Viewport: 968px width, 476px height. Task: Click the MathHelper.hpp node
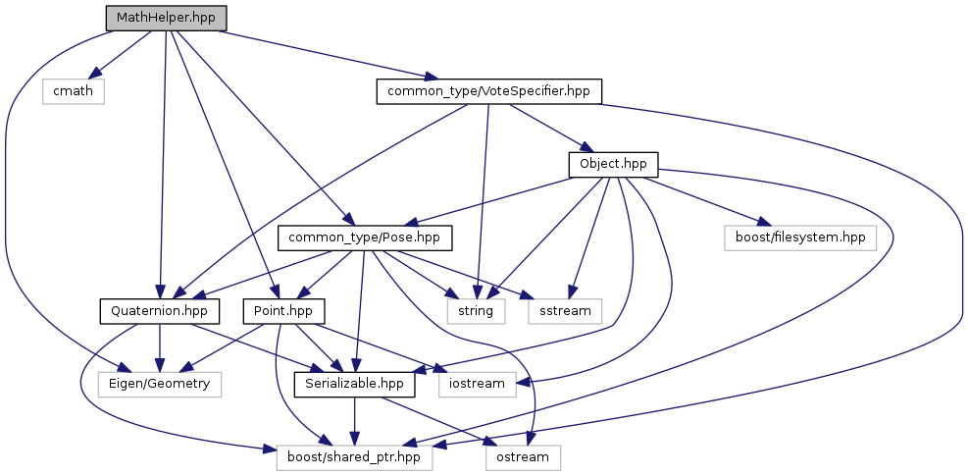tap(166, 18)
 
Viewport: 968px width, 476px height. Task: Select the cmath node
tap(74, 91)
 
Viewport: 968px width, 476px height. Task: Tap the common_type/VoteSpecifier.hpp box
tap(488, 91)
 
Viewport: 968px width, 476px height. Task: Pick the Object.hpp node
tap(612, 164)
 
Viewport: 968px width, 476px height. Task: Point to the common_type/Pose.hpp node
tap(365, 238)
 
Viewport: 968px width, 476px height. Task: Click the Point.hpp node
tap(278, 311)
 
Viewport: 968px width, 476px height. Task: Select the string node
tap(476, 311)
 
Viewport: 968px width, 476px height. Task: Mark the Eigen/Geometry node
tap(161, 384)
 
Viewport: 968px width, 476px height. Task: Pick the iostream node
tap(483, 384)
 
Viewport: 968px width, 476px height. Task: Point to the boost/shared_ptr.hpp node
tap(353, 456)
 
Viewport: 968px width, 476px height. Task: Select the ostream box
tap(524, 456)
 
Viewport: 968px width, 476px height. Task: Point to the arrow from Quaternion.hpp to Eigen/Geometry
tap(160, 347)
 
